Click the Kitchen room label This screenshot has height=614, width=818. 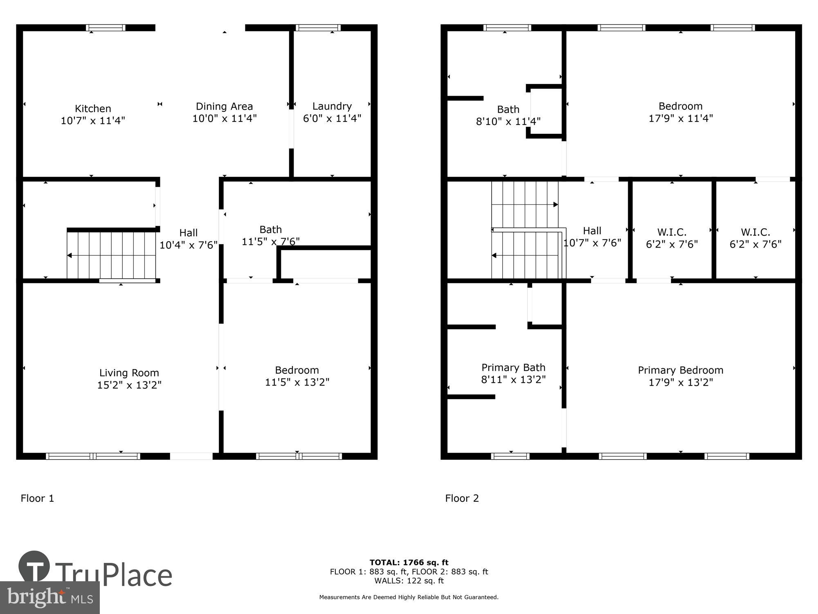coord(93,108)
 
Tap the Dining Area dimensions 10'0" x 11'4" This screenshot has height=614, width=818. coord(225,119)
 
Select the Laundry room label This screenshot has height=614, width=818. coord(332,106)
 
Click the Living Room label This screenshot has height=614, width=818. coord(129,373)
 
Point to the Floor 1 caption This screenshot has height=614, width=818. coord(37,498)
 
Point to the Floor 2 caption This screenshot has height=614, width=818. coord(462,498)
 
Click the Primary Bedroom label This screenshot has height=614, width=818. coord(681,370)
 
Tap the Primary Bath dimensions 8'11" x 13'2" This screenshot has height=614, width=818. coord(513,380)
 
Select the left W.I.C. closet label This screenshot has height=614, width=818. coord(672,233)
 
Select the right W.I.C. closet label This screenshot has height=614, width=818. coord(755,233)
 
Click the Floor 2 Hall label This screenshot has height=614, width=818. coord(592,231)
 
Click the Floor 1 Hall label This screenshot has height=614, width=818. coord(188,233)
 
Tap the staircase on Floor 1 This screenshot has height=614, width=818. coord(111,255)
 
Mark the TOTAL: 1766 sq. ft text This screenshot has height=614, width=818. coord(409,562)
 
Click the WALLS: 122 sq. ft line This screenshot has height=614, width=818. coord(409,580)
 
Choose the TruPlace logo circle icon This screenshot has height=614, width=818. coord(34,567)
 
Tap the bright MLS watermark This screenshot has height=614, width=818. coord(50,598)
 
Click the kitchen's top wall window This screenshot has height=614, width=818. coord(106,28)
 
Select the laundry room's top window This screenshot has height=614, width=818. coord(318,28)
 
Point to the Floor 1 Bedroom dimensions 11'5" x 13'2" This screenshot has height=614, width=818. coord(297,382)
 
